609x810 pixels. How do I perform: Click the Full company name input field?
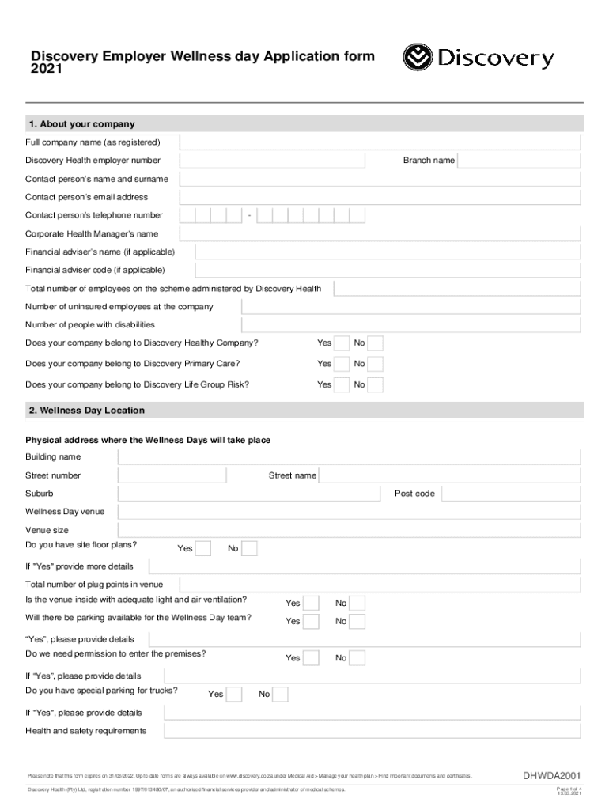[380, 142]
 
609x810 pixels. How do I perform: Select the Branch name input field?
[520, 161]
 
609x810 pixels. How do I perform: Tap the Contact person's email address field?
[380, 197]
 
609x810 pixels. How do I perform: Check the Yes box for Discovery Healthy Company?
[342, 343]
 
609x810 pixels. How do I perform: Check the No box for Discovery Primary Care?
[376, 364]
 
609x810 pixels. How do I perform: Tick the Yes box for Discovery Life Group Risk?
[342, 384]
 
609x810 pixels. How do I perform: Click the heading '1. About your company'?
[81, 124]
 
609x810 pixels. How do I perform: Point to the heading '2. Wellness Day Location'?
[87, 411]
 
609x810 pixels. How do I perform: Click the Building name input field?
[350, 457]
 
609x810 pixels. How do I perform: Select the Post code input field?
[511, 494]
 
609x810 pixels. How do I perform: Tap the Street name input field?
[450, 475]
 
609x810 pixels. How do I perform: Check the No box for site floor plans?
[250, 548]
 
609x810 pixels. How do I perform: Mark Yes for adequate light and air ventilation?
[312, 603]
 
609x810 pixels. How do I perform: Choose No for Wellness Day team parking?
[358, 621]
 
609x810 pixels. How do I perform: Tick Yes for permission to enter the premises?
[312, 658]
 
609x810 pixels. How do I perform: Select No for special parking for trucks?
[281, 695]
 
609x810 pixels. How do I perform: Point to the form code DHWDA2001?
[552, 775]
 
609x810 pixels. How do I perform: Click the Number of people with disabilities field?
[411, 325]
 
